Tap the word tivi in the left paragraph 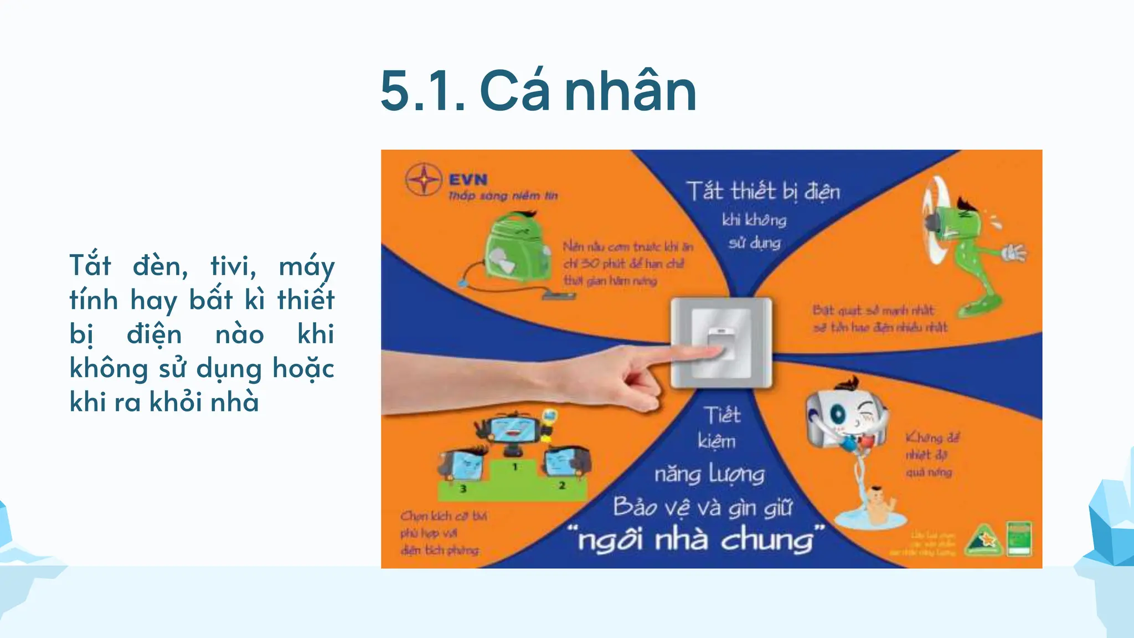tap(233, 266)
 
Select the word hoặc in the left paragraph tap(303, 368)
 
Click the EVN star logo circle tap(424, 179)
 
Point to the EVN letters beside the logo tap(468, 179)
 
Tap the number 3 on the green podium tap(463, 489)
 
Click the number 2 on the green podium tap(561, 486)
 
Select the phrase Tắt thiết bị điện tap(763, 192)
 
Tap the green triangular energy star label tap(983, 539)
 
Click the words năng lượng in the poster tap(710, 475)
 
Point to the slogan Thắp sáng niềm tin tap(503, 195)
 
